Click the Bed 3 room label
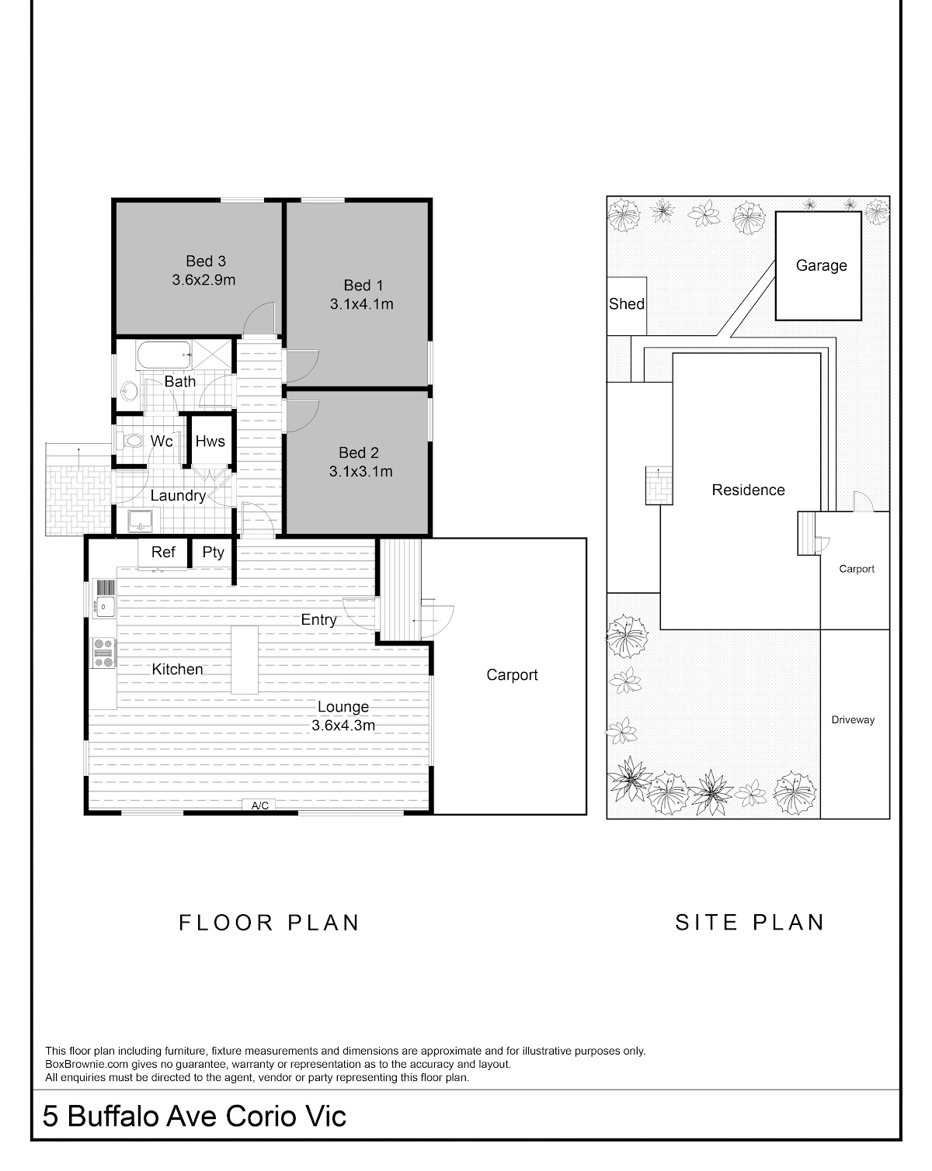[x=205, y=262]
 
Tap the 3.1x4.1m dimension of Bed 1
[x=361, y=303]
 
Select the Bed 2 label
[x=358, y=452]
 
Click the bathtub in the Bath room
[x=163, y=355]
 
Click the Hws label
[x=210, y=441]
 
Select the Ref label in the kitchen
[x=163, y=552]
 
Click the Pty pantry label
[x=213, y=553]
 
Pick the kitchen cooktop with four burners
[x=103, y=652]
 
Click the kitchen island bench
[x=245, y=660]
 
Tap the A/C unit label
[x=260, y=805]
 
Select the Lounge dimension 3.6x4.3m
[x=343, y=726]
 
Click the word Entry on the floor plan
[x=318, y=620]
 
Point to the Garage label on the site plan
[x=821, y=265]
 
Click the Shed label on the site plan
[x=627, y=303]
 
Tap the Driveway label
[x=853, y=720]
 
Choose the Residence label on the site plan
[x=748, y=490]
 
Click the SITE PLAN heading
[x=750, y=923]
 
